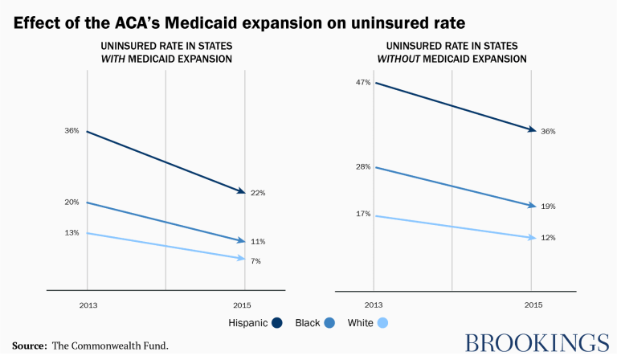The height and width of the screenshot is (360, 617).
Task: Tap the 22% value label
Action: (x=257, y=193)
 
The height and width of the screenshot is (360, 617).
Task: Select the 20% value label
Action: (x=72, y=202)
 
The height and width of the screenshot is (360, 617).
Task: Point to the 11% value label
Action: (x=257, y=241)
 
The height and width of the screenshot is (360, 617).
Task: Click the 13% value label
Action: (x=72, y=233)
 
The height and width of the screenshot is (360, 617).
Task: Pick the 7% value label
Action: (x=255, y=261)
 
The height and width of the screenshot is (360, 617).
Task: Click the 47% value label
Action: (x=362, y=82)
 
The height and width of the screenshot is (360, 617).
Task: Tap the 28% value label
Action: (x=362, y=167)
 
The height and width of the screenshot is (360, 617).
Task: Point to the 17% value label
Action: (x=362, y=215)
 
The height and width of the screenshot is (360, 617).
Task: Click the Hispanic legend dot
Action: (x=277, y=323)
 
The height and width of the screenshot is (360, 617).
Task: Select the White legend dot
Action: (x=383, y=323)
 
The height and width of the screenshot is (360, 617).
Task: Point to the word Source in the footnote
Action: (x=28, y=346)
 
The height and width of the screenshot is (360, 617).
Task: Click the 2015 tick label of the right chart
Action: (x=532, y=306)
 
